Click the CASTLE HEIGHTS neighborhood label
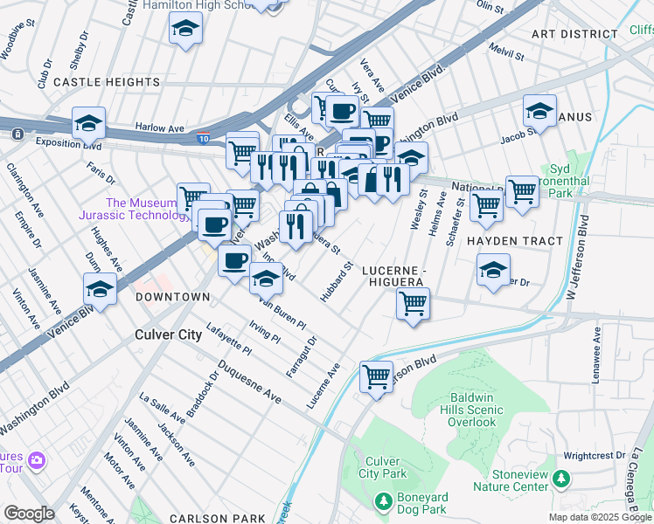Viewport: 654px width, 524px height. tap(94, 81)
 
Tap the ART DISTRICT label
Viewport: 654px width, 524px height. tap(574, 34)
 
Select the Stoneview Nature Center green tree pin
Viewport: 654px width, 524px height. tap(560, 478)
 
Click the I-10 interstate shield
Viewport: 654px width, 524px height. tap(204, 138)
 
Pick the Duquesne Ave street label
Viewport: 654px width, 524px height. tap(250, 382)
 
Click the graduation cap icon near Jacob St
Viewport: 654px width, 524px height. tap(539, 111)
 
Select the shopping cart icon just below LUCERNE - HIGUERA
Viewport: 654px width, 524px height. tap(412, 305)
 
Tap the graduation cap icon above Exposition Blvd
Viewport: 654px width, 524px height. tap(88, 123)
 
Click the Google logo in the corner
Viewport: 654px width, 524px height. tap(29, 514)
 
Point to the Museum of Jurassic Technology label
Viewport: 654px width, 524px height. tap(143, 209)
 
